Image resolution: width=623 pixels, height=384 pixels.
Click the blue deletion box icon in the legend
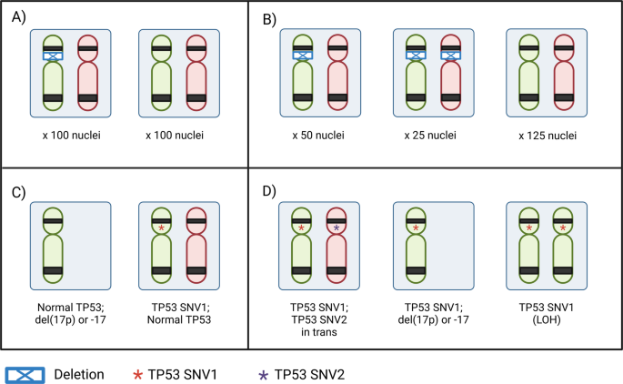[29, 373]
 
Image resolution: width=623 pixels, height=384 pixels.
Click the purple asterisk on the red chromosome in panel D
[337, 227]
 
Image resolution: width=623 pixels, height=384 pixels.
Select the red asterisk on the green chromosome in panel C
[161, 227]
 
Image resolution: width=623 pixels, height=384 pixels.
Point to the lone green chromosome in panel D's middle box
[416, 245]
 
